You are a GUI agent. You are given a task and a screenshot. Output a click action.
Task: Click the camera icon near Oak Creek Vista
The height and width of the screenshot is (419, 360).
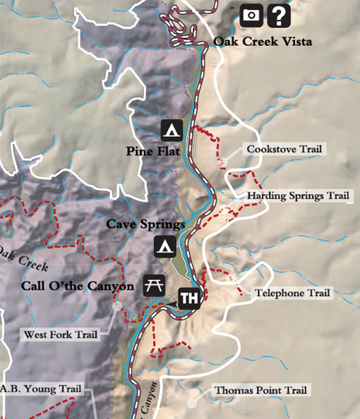[251, 14]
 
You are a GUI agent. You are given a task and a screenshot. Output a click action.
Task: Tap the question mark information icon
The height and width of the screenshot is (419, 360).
[280, 14]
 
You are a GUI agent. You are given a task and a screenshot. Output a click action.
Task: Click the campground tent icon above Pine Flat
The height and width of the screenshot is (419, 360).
[172, 129]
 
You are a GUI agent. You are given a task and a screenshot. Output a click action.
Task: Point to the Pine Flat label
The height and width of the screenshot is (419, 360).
[154, 151]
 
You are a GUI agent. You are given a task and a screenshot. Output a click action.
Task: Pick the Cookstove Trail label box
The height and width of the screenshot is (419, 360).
[284, 149]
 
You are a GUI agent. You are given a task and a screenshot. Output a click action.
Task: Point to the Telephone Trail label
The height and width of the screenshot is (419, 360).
[292, 293]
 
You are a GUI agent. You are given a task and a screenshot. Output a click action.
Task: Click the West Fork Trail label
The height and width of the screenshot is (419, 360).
[60, 334]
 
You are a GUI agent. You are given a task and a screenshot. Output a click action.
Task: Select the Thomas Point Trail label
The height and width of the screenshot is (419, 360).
[261, 389]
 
